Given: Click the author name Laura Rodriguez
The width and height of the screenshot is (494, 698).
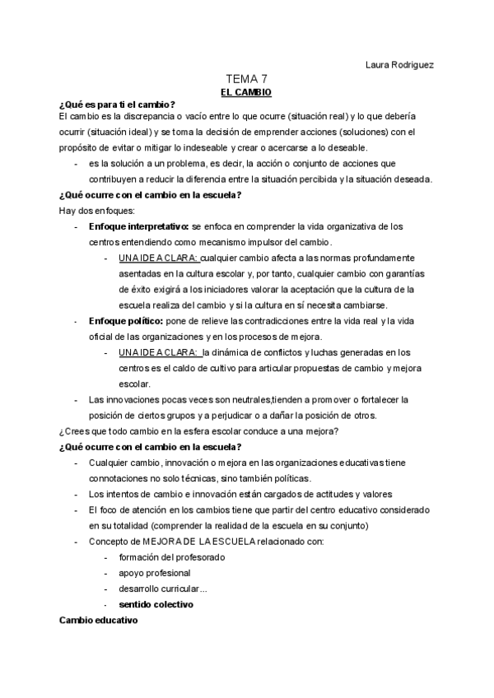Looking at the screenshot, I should click(398, 63).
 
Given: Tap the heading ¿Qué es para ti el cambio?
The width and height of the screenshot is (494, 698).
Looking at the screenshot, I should click(117, 105).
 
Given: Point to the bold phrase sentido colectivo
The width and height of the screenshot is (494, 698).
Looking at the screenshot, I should click(156, 603).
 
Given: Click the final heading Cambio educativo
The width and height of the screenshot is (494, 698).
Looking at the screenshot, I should click(98, 619).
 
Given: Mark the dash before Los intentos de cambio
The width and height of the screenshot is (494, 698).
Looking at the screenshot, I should click(77, 494).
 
